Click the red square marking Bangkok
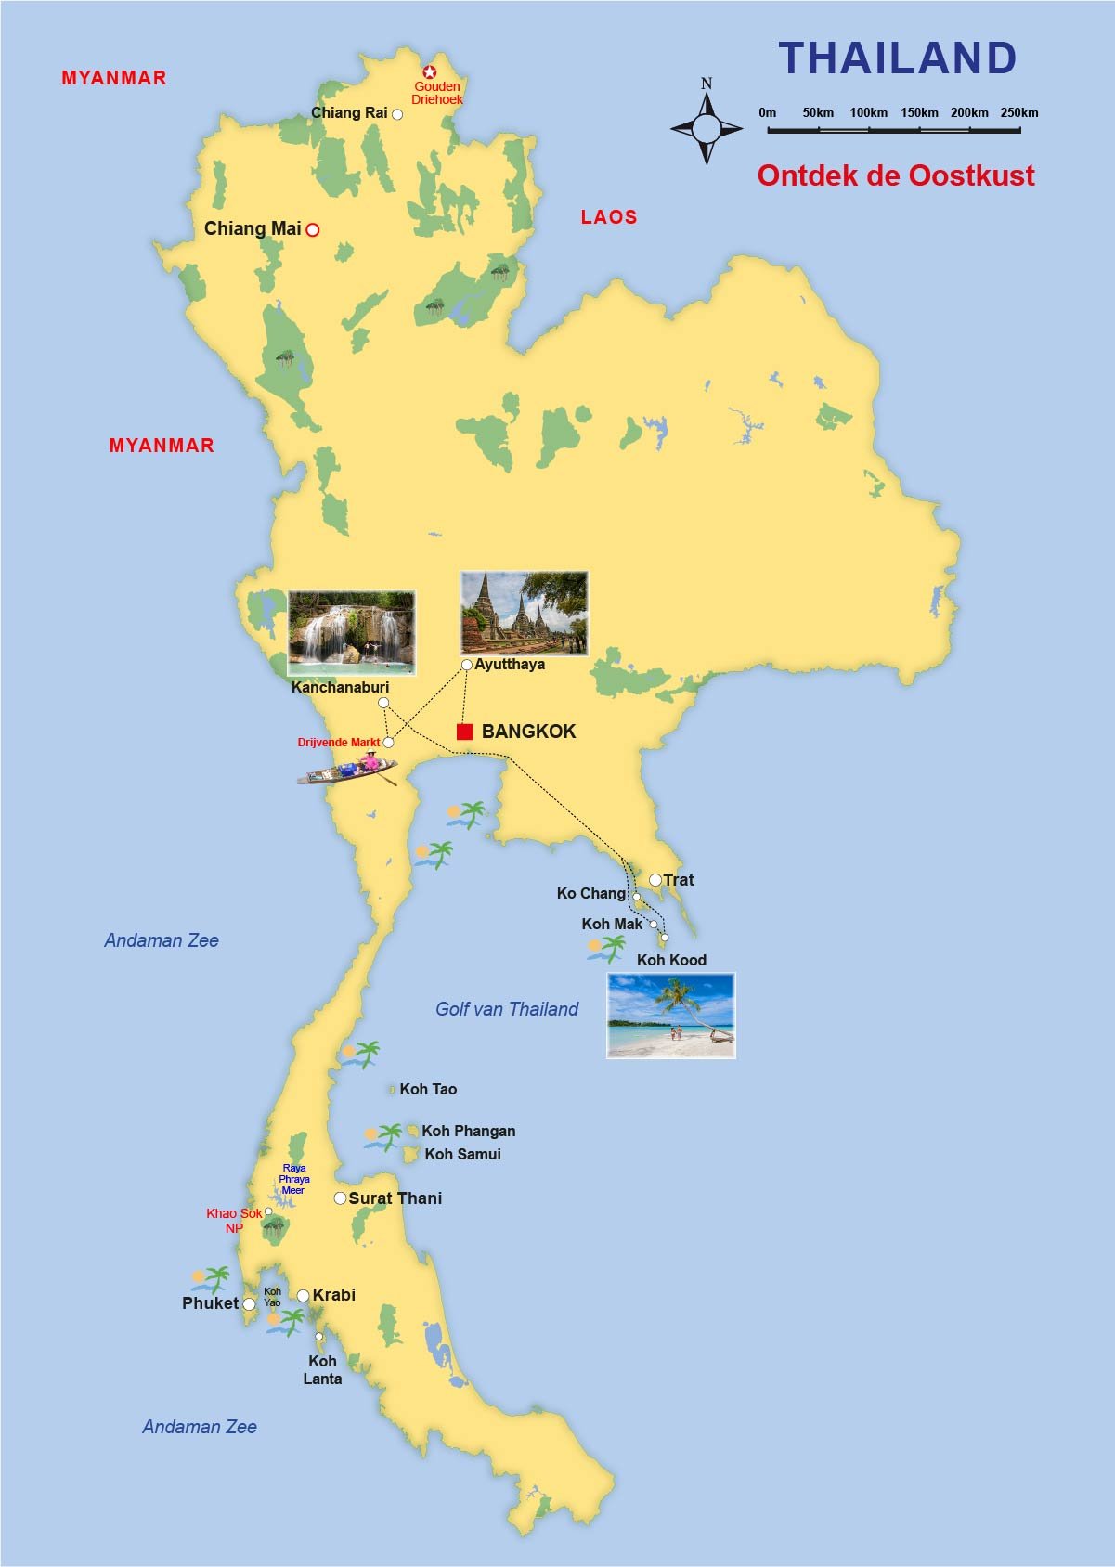coord(465,732)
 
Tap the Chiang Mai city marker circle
coord(313,229)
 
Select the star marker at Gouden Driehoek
coord(430,71)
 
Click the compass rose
coord(707,128)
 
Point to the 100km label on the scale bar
coord(868,112)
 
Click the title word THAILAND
coord(897,58)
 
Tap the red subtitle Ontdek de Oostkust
coord(895,175)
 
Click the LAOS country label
coord(609,217)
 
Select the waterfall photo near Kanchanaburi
coord(351,632)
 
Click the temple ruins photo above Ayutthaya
coord(524,613)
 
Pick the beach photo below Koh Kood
coord(670,1016)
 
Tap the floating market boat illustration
coord(348,770)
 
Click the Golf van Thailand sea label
coord(507,1009)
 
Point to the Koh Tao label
coord(428,1089)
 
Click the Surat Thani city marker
coord(340,1198)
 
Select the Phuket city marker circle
coord(249,1304)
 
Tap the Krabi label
coord(334,1295)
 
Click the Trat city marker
coord(655,880)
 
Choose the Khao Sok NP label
coord(234,1220)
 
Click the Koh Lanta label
coord(322,1370)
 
